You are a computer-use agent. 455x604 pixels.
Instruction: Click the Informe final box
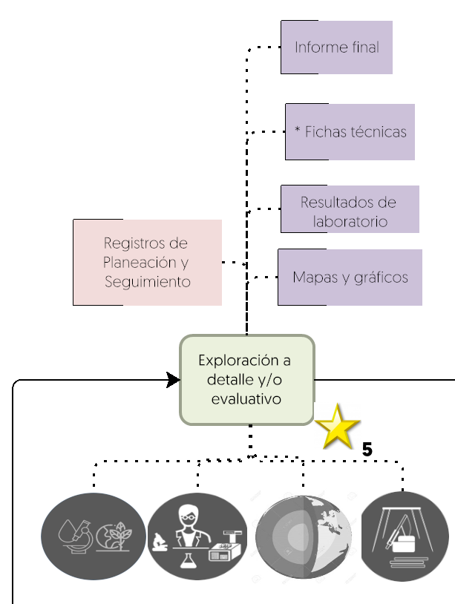point(336,47)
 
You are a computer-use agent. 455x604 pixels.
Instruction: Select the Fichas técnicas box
point(350,132)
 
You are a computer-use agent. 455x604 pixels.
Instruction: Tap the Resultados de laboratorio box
point(350,209)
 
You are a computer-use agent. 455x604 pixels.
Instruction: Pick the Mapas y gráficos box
point(350,278)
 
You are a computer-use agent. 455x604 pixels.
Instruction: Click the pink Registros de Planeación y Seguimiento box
point(147,263)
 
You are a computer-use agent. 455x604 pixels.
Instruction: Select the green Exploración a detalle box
point(247,380)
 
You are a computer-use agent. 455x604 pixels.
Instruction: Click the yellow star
point(338,427)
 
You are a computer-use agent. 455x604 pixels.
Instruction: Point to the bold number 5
point(367,450)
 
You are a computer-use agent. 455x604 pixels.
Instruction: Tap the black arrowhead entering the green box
point(173,380)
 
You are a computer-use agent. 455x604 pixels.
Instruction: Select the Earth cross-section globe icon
point(303,537)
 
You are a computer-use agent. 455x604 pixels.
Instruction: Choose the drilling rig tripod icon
point(405,536)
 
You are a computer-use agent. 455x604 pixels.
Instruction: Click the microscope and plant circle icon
point(94,536)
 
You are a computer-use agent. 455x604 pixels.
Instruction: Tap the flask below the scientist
point(189,560)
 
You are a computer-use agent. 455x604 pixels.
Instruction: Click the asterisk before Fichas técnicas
point(298,130)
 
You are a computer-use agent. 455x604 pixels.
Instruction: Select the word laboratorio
point(350,222)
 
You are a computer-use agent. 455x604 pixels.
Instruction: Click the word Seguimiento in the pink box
point(148,281)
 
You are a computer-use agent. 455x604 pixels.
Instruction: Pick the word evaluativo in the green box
point(246,398)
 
